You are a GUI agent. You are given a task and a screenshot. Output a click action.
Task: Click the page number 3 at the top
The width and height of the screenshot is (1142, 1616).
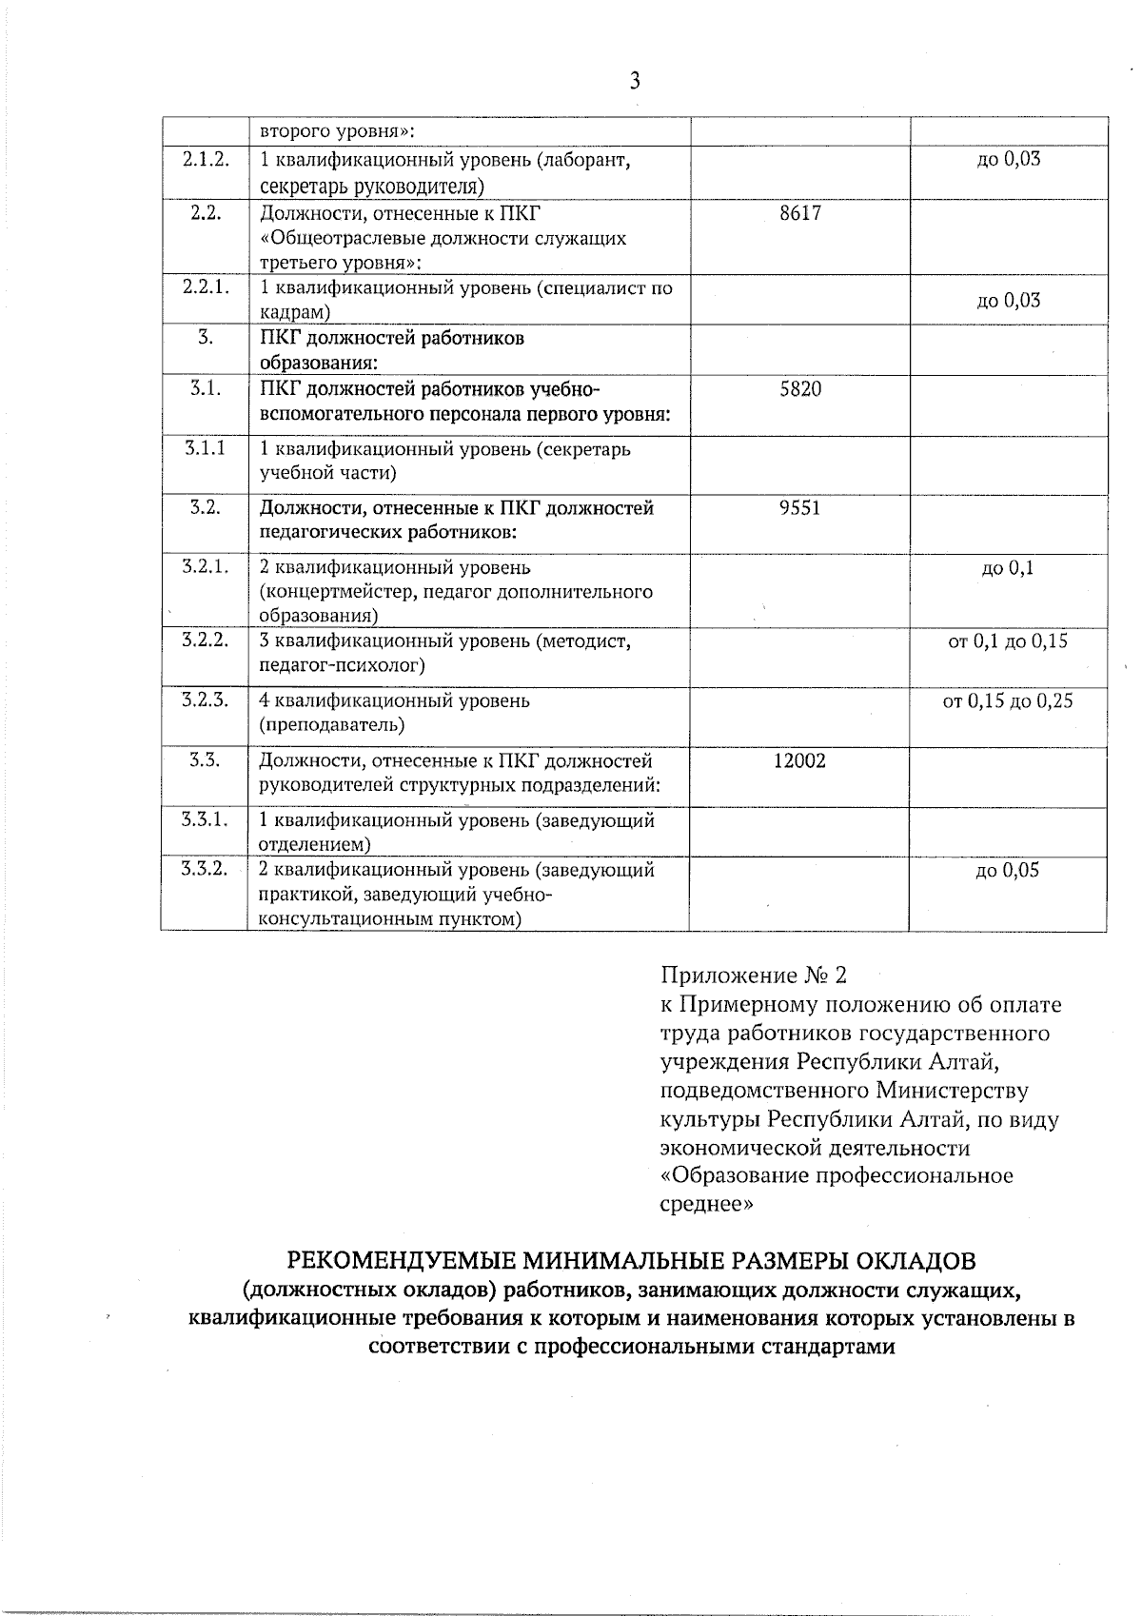(x=635, y=81)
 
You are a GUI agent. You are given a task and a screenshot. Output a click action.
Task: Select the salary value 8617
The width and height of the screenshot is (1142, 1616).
(x=799, y=213)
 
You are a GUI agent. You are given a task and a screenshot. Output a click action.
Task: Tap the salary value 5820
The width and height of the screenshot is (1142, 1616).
(x=799, y=389)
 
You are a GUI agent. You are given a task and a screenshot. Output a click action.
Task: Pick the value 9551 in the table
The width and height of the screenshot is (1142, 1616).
(x=799, y=508)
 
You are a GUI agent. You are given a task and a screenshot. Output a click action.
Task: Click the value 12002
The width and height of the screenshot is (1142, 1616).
(x=799, y=760)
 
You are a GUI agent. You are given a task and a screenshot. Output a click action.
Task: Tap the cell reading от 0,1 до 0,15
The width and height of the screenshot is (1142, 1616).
(x=1008, y=641)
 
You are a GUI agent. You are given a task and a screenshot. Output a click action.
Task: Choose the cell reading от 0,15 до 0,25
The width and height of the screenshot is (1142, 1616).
(x=1008, y=701)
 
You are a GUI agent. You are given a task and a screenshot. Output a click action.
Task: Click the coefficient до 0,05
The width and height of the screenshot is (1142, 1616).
(x=1008, y=870)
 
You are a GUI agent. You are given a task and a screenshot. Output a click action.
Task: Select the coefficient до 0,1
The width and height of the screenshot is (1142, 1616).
(x=1008, y=569)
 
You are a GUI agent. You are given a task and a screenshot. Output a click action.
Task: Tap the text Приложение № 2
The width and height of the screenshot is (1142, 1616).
(x=753, y=976)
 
